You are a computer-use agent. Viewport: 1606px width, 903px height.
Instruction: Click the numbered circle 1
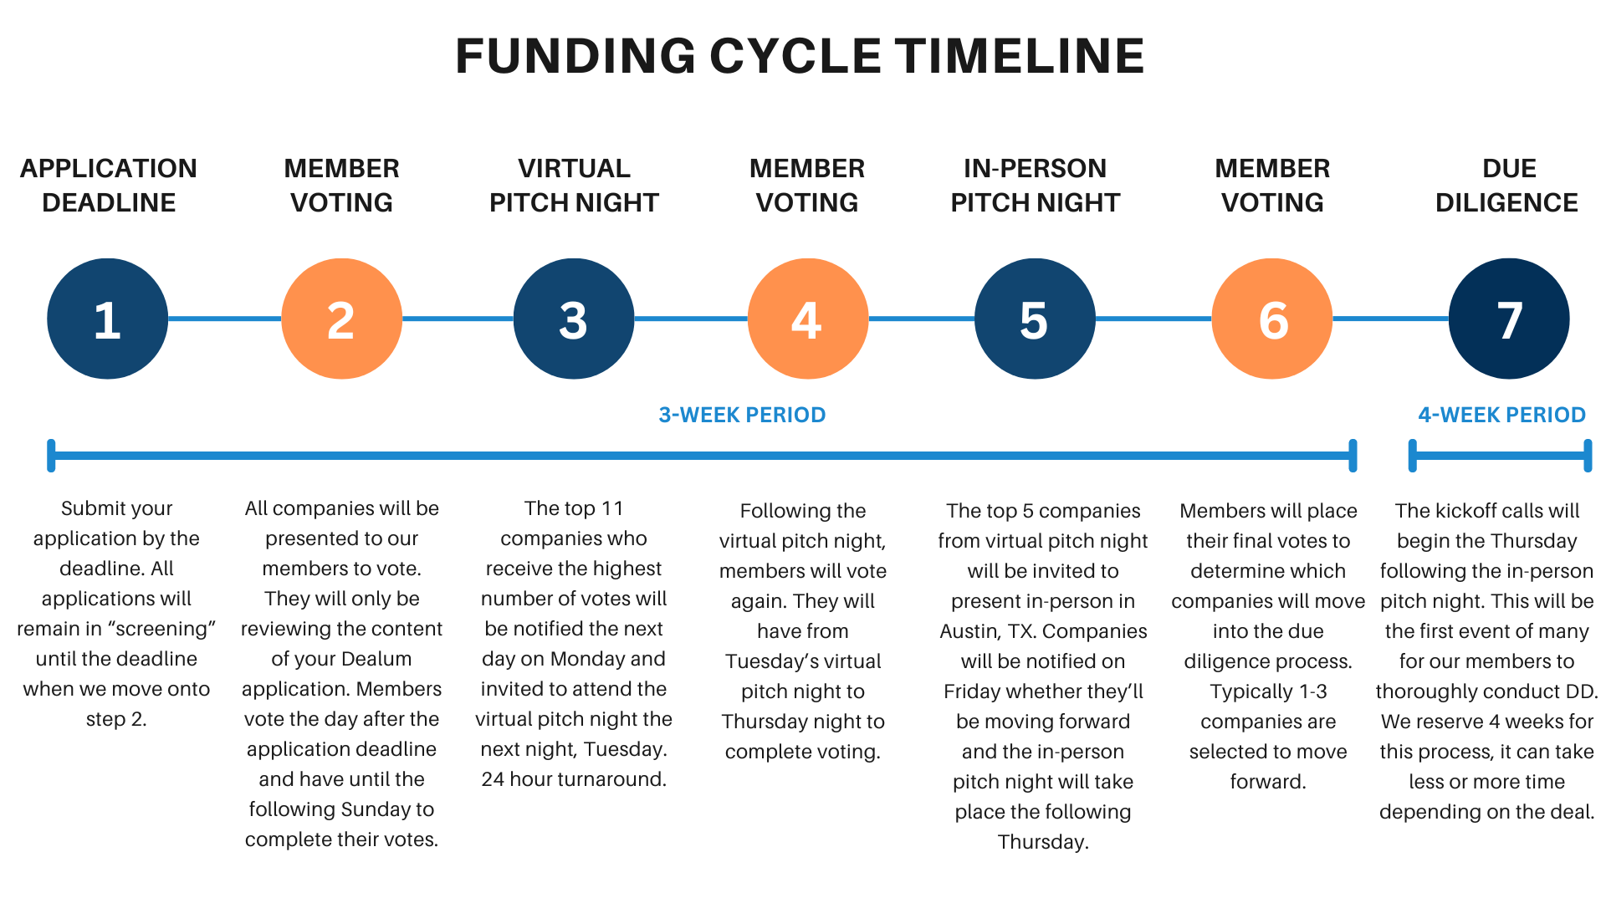pos(107,319)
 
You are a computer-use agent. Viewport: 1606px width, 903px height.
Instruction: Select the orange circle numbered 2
pos(341,319)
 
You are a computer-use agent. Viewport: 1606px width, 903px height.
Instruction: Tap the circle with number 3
pos(574,319)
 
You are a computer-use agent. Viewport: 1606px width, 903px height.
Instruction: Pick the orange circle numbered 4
pos(807,319)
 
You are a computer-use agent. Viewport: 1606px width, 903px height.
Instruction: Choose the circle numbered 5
pos(1035,319)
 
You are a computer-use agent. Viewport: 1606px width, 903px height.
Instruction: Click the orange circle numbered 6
pos(1271,319)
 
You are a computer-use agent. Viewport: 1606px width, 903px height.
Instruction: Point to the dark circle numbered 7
pos(1508,319)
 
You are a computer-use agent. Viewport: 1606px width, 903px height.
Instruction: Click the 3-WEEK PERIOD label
pos(742,415)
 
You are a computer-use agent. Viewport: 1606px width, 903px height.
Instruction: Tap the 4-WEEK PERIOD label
pos(1501,415)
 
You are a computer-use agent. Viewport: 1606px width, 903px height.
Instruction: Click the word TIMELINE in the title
pos(1020,56)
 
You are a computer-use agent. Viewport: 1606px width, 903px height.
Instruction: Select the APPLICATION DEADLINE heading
pos(109,185)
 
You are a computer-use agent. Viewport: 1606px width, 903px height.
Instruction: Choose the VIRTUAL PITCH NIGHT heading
pos(574,185)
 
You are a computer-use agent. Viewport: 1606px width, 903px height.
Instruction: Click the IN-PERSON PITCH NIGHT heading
pos(1035,185)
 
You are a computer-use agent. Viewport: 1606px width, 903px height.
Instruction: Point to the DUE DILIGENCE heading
pos(1507,185)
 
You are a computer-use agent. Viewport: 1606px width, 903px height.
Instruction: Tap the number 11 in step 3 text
pos(612,508)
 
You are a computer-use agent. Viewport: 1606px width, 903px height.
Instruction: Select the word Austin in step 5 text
pos(969,631)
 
